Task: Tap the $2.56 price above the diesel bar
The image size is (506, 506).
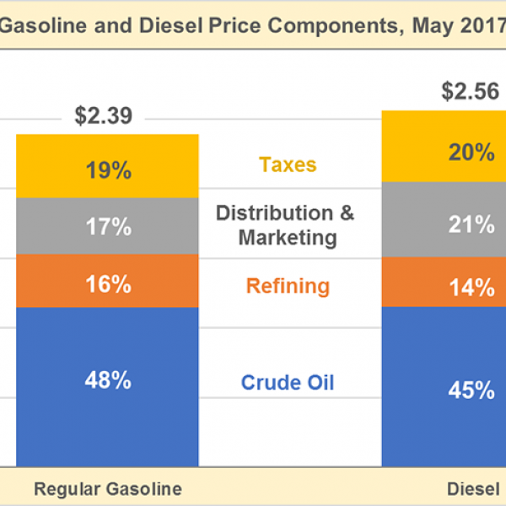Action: pyautogui.click(x=471, y=92)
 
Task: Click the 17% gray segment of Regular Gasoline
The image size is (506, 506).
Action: pyautogui.click(x=107, y=226)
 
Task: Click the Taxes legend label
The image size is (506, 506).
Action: pyautogui.click(x=288, y=164)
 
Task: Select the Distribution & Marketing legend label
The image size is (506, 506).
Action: pyautogui.click(x=287, y=225)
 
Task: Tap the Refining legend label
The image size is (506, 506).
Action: pyautogui.click(x=288, y=286)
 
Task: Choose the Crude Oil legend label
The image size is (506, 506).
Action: pyautogui.click(x=288, y=383)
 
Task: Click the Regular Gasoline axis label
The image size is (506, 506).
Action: pyautogui.click(x=107, y=489)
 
